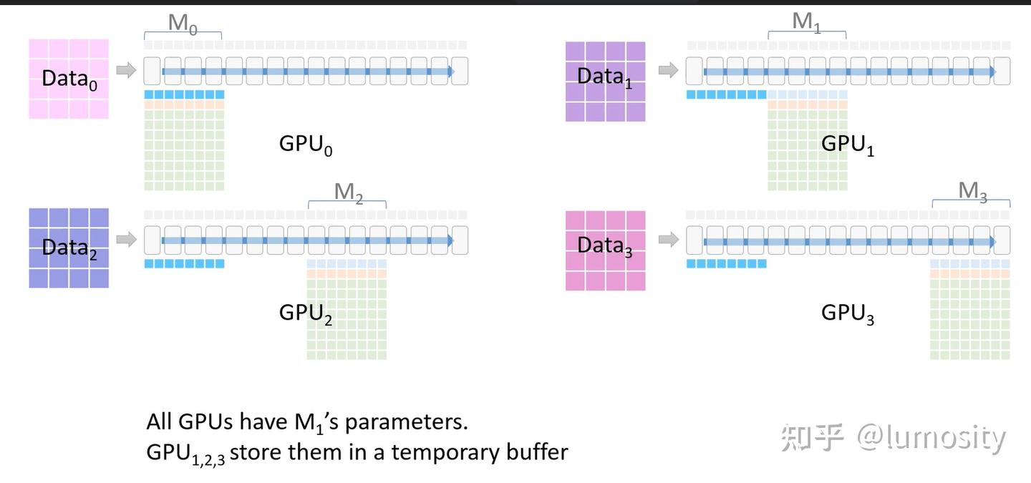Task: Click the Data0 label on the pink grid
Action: coord(69,79)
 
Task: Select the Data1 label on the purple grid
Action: coord(605,77)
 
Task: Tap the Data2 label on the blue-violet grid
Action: coord(69,248)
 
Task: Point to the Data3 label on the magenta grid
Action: coord(605,245)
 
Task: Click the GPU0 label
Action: coord(306,145)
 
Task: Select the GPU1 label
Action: coord(848,145)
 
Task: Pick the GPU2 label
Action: coord(306,313)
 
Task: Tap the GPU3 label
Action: coord(848,313)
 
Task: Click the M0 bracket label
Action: coord(183,23)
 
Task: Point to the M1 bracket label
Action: coord(807,22)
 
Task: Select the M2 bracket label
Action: coord(348,192)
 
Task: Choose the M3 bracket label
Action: coord(972,191)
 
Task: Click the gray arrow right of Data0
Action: coord(126,70)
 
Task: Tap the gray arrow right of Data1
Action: coord(668,70)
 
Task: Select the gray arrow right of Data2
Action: coord(126,239)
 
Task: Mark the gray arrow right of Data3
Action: coord(668,239)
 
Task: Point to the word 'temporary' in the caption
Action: coord(445,452)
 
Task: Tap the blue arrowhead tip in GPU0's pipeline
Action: coord(450,72)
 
